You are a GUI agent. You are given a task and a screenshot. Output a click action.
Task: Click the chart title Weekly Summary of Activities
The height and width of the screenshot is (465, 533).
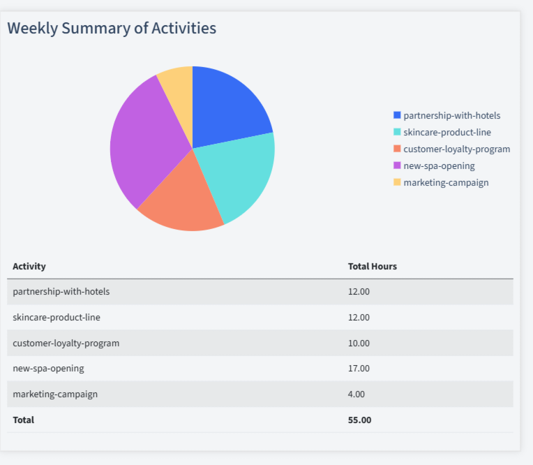112,28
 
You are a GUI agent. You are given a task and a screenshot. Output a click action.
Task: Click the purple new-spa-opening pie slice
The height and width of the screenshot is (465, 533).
143,143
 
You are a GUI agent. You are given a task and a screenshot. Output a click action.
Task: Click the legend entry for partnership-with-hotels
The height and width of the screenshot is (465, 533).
451,115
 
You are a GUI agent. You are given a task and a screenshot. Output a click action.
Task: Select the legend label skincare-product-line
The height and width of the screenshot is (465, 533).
446,132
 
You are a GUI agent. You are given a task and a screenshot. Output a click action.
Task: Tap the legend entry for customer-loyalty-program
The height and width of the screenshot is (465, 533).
456,149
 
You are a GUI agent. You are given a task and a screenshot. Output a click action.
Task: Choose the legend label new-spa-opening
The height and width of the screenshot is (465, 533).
439,165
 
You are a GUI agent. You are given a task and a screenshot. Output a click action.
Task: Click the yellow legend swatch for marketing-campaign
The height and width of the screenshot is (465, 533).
397,182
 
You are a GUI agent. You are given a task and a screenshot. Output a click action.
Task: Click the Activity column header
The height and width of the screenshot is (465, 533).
29,266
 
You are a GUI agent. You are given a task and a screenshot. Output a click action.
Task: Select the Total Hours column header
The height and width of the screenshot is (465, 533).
373,266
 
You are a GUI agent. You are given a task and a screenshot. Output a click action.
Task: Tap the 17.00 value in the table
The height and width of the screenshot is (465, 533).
359,368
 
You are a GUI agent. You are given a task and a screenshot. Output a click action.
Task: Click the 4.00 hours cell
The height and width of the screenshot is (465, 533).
356,394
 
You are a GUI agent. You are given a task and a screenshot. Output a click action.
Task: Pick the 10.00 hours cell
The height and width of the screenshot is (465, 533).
359,343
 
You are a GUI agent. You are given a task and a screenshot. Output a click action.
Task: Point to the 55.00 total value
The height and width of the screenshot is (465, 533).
359,420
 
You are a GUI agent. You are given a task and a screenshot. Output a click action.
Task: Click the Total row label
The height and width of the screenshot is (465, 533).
23,420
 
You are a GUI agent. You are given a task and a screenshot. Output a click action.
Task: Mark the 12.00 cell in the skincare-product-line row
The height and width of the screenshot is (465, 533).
359,317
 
